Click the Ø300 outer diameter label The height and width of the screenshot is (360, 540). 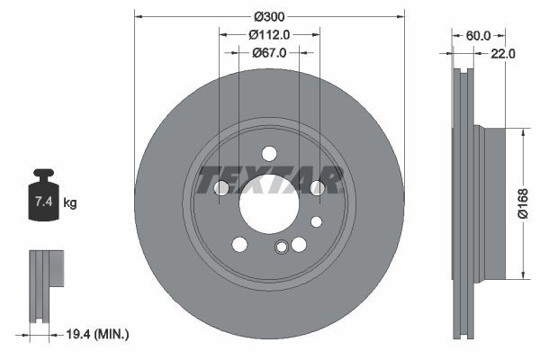point(269,17)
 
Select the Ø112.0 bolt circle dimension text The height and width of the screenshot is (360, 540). point(269,34)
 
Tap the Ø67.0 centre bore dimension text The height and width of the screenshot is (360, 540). point(269,52)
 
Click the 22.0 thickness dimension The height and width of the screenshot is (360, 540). point(502,53)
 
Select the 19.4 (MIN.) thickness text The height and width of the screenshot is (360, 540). point(99,334)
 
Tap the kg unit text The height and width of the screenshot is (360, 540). point(70,203)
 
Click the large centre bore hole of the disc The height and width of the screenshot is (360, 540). point(269,198)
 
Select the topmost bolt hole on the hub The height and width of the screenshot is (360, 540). point(269,154)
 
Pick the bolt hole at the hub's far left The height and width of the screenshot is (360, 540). point(221,187)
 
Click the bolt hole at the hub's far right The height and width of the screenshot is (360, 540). point(317,187)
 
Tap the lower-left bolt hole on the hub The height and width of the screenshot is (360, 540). point(239,244)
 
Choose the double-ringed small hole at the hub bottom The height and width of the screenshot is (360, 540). point(282,248)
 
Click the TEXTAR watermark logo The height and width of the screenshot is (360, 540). point(269,178)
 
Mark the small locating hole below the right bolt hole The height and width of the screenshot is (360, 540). point(316,221)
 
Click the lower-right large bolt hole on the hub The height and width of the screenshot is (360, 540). point(299,244)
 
